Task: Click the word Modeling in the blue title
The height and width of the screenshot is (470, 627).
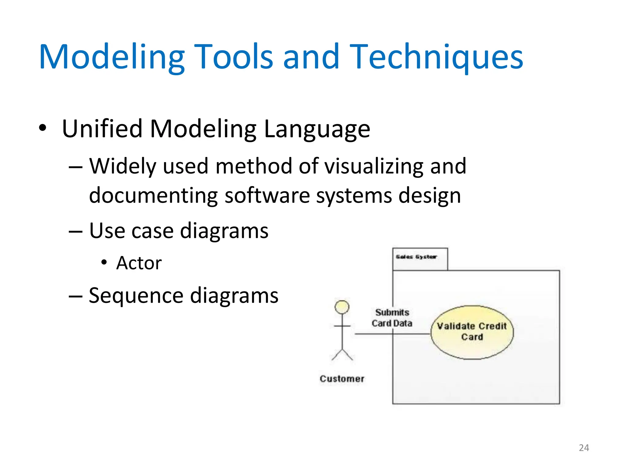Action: (112, 57)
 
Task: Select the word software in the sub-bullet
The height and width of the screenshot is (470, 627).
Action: (267, 196)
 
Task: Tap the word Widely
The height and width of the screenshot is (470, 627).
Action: (123, 166)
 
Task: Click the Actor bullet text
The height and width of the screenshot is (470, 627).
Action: (139, 263)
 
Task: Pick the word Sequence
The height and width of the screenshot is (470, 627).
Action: (136, 296)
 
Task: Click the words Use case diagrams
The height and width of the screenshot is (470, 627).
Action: (178, 231)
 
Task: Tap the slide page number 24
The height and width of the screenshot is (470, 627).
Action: (584, 448)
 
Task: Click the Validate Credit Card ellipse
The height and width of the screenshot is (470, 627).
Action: (472, 332)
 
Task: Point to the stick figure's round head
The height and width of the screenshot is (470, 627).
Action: (342, 307)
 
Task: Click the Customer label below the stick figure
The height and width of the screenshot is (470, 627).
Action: (342, 379)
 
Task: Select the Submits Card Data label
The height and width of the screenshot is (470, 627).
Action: (392, 318)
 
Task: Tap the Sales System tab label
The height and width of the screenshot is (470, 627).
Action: (416, 257)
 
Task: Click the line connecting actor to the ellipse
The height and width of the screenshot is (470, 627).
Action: (374, 334)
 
